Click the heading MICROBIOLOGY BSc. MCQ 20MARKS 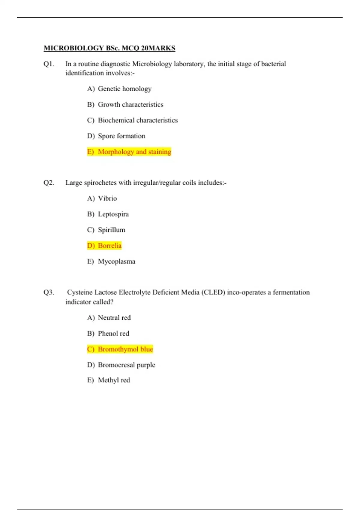pyautogui.click(x=109, y=48)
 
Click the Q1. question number pyautogui.click(x=49, y=64)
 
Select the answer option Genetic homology pyautogui.click(x=124, y=89)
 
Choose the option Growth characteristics pyautogui.click(x=130, y=104)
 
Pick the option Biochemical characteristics pyautogui.click(x=138, y=120)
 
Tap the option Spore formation pyautogui.click(x=121, y=136)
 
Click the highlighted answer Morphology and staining pyautogui.click(x=134, y=152)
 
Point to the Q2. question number pyautogui.click(x=49, y=183)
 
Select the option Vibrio pyautogui.click(x=107, y=198)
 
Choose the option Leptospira pyautogui.click(x=113, y=214)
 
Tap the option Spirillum pyautogui.click(x=111, y=230)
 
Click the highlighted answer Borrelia pyautogui.click(x=109, y=246)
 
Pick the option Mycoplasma pyautogui.click(x=116, y=261)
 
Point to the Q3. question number pyautogui.click(x=49, y=292)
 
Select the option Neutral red pyautogui.click(x=114, y=318)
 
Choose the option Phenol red pyautogui.click(x=113, y=333)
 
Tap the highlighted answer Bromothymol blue pyautogui.click(x=125, y=349)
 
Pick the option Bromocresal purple pyautogui.click(x=127, y=365)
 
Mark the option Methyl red pyautogui.click(x=114, y=380)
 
